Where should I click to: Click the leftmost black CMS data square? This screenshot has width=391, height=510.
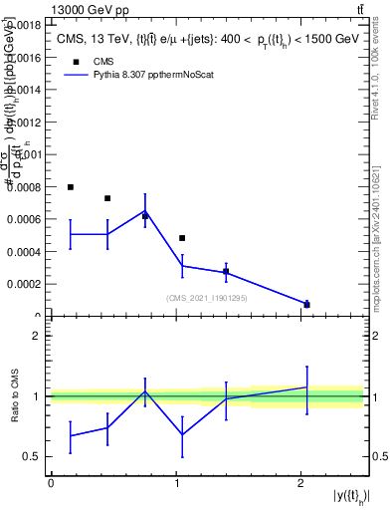pos(71,187)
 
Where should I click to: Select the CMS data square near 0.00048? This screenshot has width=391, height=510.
pos(182,238)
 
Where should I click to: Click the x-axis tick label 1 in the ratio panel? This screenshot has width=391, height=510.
pos(176,483)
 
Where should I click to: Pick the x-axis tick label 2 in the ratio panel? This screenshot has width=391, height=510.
pos(301,483)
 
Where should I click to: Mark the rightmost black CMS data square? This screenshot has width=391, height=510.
pos(306,305)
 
